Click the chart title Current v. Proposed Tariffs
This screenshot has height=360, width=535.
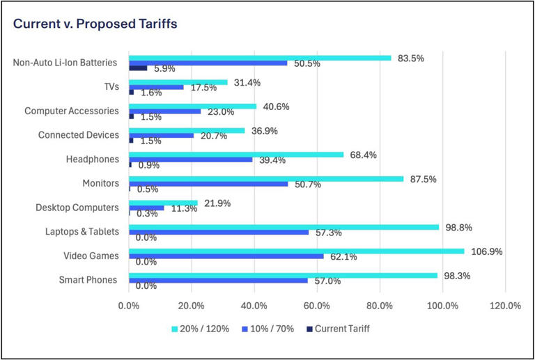click(x=95, y=24)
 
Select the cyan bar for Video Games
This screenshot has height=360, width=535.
click(x=296, y=251)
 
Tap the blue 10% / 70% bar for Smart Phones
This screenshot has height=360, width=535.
click(x=218, y=281)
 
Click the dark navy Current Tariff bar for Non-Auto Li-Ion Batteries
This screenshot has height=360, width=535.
click(x=138, y=68)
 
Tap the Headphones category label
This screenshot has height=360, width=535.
click(x=92, y=159)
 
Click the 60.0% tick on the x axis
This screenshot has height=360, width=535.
click(x=317, y=305)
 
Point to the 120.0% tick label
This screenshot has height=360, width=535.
click(x=505, y=305)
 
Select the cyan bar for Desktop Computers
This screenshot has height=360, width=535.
click(x=163, y=203)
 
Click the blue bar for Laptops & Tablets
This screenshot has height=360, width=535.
click(x=219, y=232)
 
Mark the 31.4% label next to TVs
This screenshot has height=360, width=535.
click(x=248, y=83)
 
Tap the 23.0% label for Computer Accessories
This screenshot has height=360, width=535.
click(x=222, y=111)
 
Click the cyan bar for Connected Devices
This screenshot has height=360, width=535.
click(x=187, y=130)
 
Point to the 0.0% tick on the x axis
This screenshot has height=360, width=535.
click(x=129, y=305)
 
